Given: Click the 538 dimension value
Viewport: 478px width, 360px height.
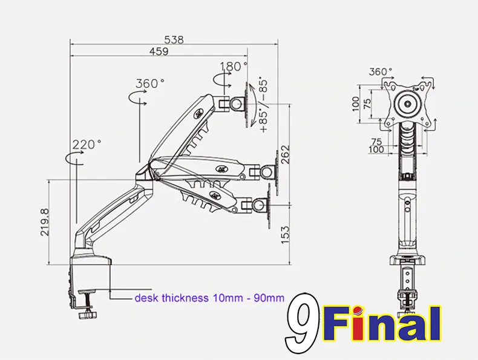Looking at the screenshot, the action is pyautogui.click(x=174, y=40).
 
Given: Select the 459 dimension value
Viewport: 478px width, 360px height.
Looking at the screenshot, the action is pyautogui.click(x=159, y=51).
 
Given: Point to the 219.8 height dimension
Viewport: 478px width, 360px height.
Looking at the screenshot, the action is pyautogui.click(x=45, y=222).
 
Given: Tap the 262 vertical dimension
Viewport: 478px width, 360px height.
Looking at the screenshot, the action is pyautogui.click(x=286, y=154).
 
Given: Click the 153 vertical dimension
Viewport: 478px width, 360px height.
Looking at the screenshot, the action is pyautogui.click(x=286, y=235).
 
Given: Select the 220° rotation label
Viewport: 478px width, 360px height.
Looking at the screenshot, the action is pyautogui.click(x=87, y=144).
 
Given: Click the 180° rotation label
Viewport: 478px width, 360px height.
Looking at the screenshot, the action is pyautogui.click(x=234, y=66).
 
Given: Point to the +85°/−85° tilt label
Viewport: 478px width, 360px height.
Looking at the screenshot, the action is pyautogui.click(x=263, y=106).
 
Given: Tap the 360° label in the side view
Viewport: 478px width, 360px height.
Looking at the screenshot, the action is pyautogui.click(x=150, y=83).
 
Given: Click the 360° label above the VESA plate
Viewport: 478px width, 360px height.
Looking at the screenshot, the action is pyautogui.click(x=381, y=71).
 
